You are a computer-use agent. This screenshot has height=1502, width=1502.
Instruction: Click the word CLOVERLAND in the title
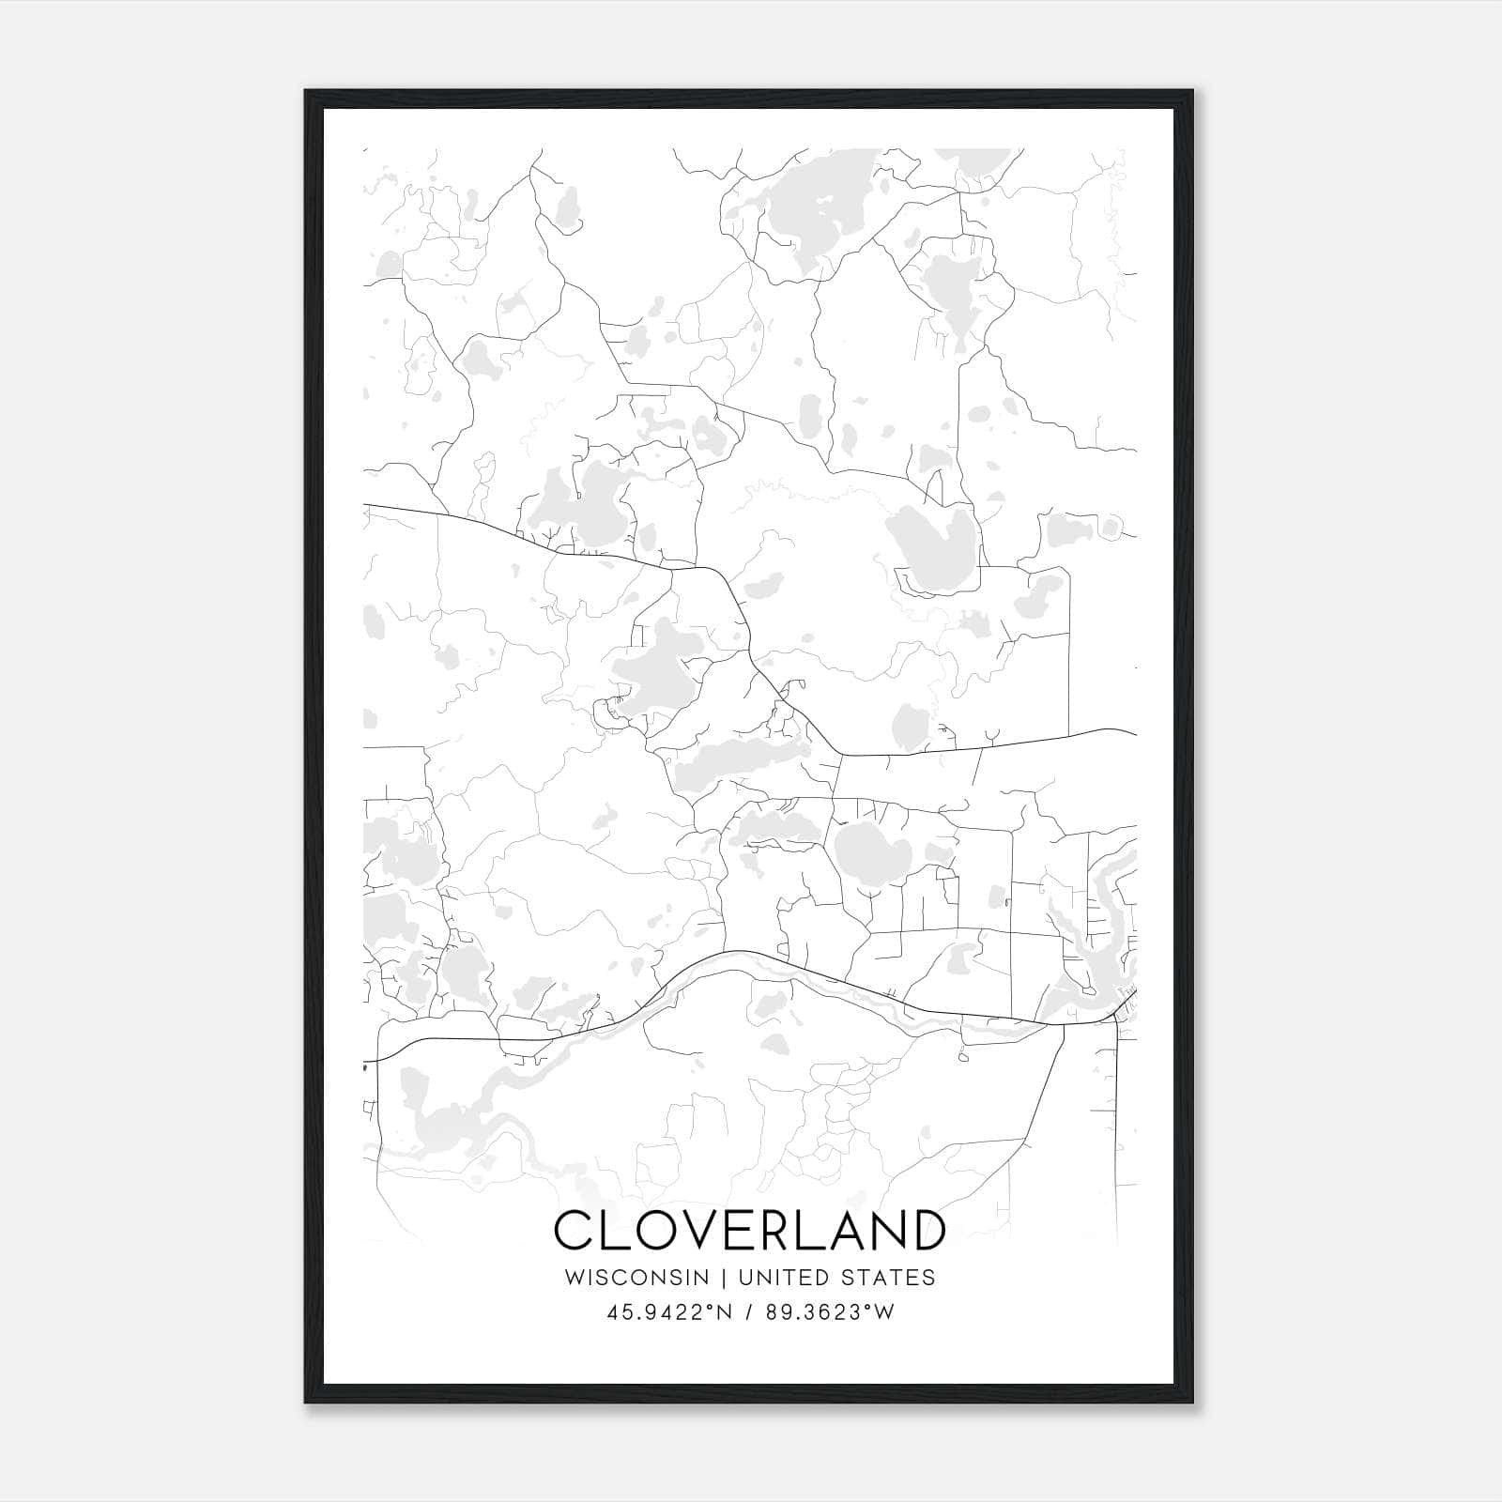click(x=749, y=1231)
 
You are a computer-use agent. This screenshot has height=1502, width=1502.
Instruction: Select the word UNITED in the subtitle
click(x=782, y=1278)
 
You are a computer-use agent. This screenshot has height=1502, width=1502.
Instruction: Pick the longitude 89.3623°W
click(x=828, y=1312)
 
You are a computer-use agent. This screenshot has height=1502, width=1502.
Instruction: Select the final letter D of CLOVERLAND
click(x=926, y=1231)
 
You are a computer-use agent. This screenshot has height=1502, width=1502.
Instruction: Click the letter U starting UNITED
click(x=746, y=1278)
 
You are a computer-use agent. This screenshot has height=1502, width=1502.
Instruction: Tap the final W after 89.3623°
click(x=884, y=1312)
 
